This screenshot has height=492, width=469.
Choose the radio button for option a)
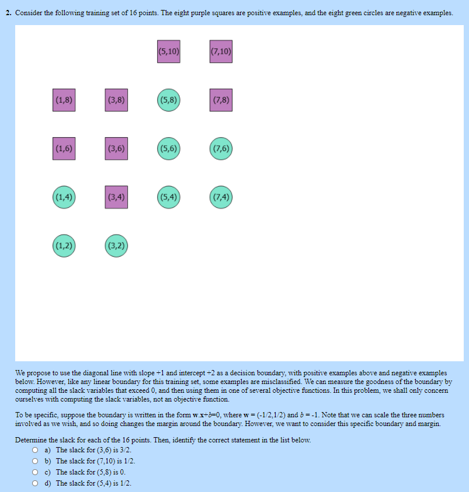pos(36,451)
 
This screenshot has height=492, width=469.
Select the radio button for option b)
pos(36,462)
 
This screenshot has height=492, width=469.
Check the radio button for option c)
pos(36,473)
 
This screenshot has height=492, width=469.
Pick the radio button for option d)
pos(36,483)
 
